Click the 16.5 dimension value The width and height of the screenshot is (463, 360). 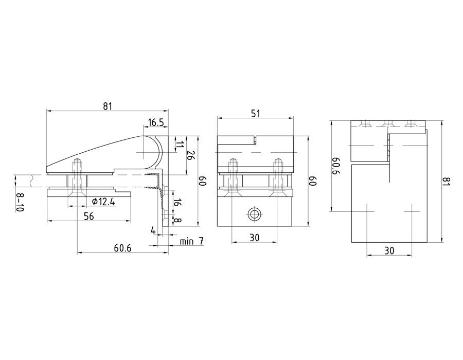click(156, 122)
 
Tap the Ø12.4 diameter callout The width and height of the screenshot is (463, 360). click(103, 202)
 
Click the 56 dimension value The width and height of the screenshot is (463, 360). click(88, 217)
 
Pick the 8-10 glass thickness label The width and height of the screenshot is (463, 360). click(20, 202)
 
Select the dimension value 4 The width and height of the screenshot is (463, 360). click(153, 230)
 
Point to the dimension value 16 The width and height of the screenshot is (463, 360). click(177, 203)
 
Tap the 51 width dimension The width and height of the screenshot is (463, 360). click(255, 114)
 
